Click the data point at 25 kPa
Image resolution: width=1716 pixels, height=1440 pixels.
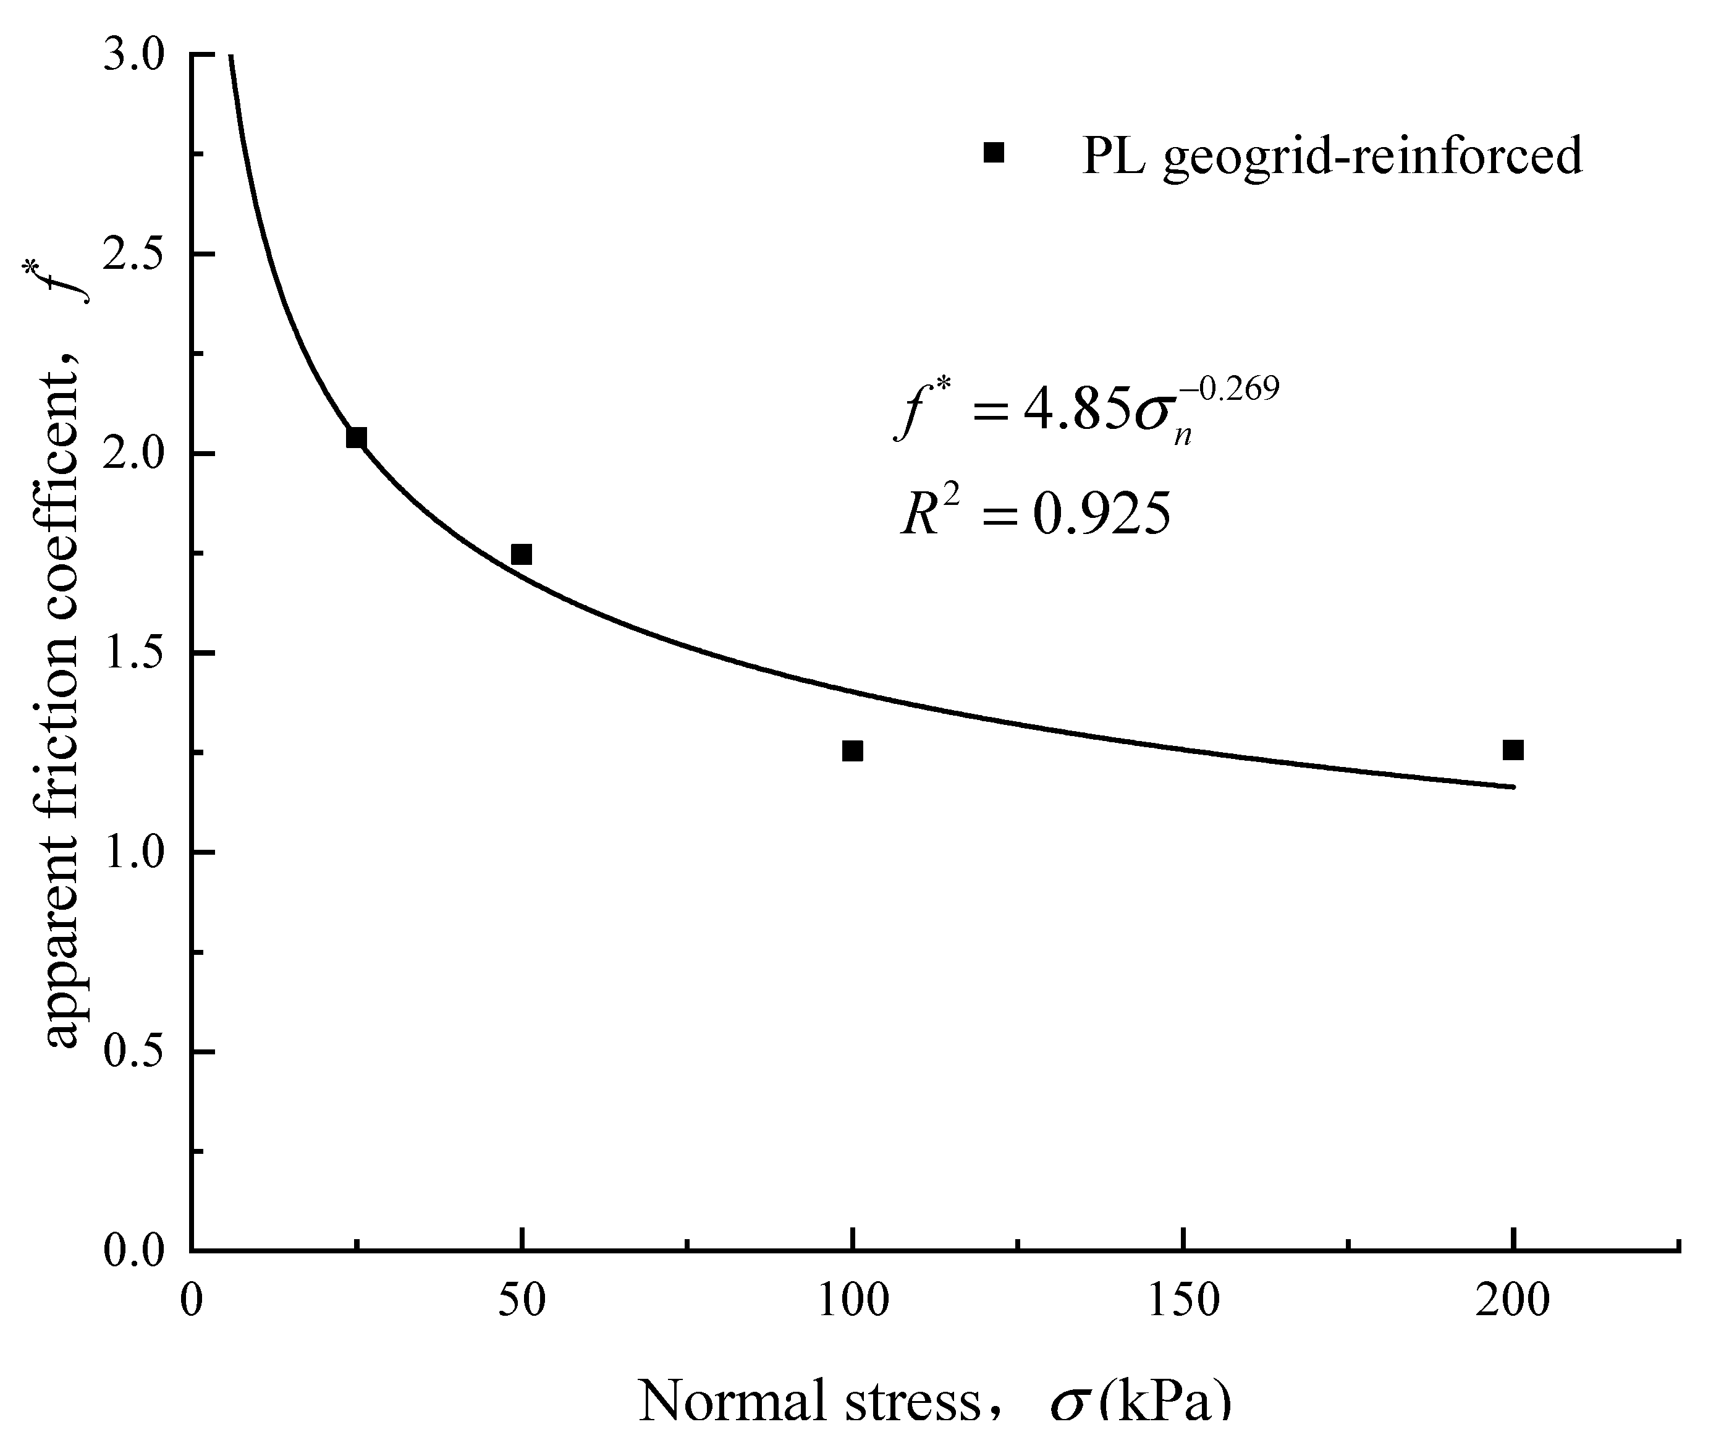click(357, 438)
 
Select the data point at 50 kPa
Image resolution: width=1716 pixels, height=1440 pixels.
click(522, 555)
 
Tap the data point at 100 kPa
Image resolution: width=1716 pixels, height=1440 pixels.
click(852, 751)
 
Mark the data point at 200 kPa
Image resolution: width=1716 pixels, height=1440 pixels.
click(1513, 750)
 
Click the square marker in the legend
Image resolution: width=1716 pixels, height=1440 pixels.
click(994, 153)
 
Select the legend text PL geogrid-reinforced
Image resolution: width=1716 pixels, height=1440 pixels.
click(1332, 155)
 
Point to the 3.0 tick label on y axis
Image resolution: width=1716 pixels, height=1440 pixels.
click(134, 56)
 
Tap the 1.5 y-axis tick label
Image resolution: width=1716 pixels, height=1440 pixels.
click(134, 654)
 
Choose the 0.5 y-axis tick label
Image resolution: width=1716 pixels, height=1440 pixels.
click(134, 1052)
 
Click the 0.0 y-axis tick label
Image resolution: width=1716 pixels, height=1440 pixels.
click(134, 1252)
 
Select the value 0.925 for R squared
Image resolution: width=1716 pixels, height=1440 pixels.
click(1102, 517)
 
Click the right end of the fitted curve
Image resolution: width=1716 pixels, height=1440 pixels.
click(1513, 787)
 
